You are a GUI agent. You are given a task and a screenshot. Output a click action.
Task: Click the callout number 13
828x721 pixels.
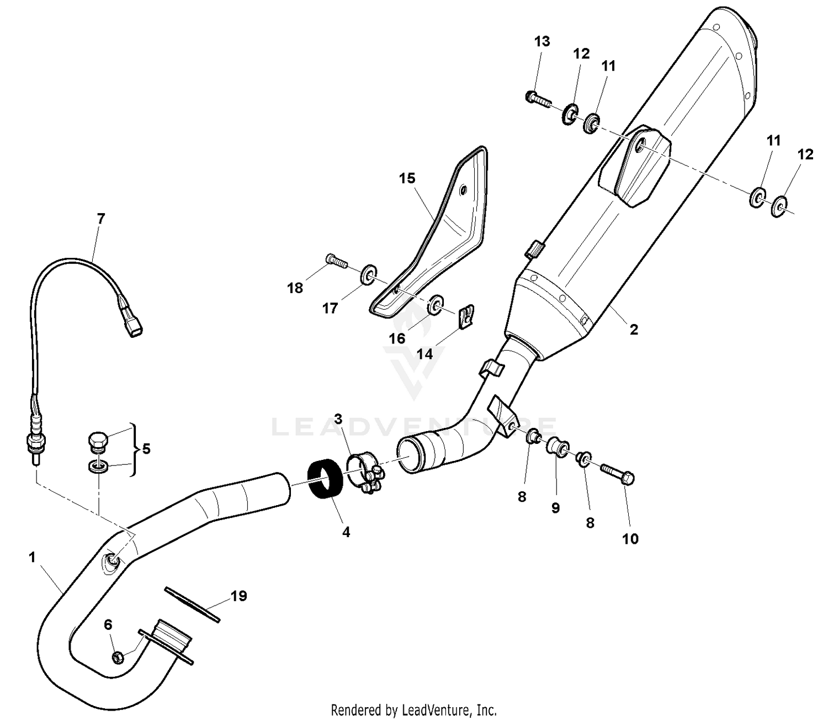(542, 41)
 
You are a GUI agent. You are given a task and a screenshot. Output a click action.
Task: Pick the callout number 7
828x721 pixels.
(100, 219)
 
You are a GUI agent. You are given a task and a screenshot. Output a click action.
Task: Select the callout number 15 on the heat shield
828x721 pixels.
(407, 178)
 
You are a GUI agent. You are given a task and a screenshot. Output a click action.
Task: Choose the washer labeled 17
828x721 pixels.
(366, 274)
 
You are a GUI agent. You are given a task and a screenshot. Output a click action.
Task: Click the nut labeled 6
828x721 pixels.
(118, 657)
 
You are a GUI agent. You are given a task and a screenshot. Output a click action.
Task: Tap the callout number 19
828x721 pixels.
(238, 596)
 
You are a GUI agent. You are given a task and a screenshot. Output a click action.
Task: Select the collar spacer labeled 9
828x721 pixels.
(554, 445)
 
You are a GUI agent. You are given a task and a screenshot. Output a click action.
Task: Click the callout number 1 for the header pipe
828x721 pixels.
(32, 558)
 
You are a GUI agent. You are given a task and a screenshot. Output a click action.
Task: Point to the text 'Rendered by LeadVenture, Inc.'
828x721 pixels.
(413, 709)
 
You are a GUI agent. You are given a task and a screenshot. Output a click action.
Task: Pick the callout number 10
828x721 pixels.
(630, 539)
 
